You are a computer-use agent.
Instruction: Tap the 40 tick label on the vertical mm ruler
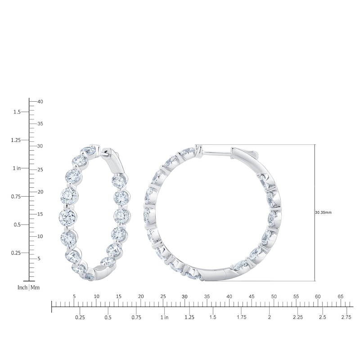click(x=40, y=102)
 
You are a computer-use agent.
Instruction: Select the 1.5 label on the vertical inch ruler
click(x=17, y=112)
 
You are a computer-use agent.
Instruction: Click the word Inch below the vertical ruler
click(x=22, y=287)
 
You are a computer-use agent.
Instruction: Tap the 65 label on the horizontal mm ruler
click(x=340, y=297)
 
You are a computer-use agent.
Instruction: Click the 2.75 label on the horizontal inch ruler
click(x=346, y=318)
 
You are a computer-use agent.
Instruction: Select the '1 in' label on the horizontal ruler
click(x=164, y=318)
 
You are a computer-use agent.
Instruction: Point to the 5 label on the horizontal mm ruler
click(x=74, y=297)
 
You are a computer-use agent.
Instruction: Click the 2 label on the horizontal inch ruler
click(x=269, y=318)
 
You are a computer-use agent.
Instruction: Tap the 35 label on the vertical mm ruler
click(x=40, y=124)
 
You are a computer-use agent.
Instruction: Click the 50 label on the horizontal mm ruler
click(x=274, y=297)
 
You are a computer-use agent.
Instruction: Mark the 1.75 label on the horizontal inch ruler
click(x=242, y=318)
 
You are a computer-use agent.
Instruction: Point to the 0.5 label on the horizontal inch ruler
click(x=108, y=318)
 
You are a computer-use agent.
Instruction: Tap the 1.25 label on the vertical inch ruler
click(x=15, y=140)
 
